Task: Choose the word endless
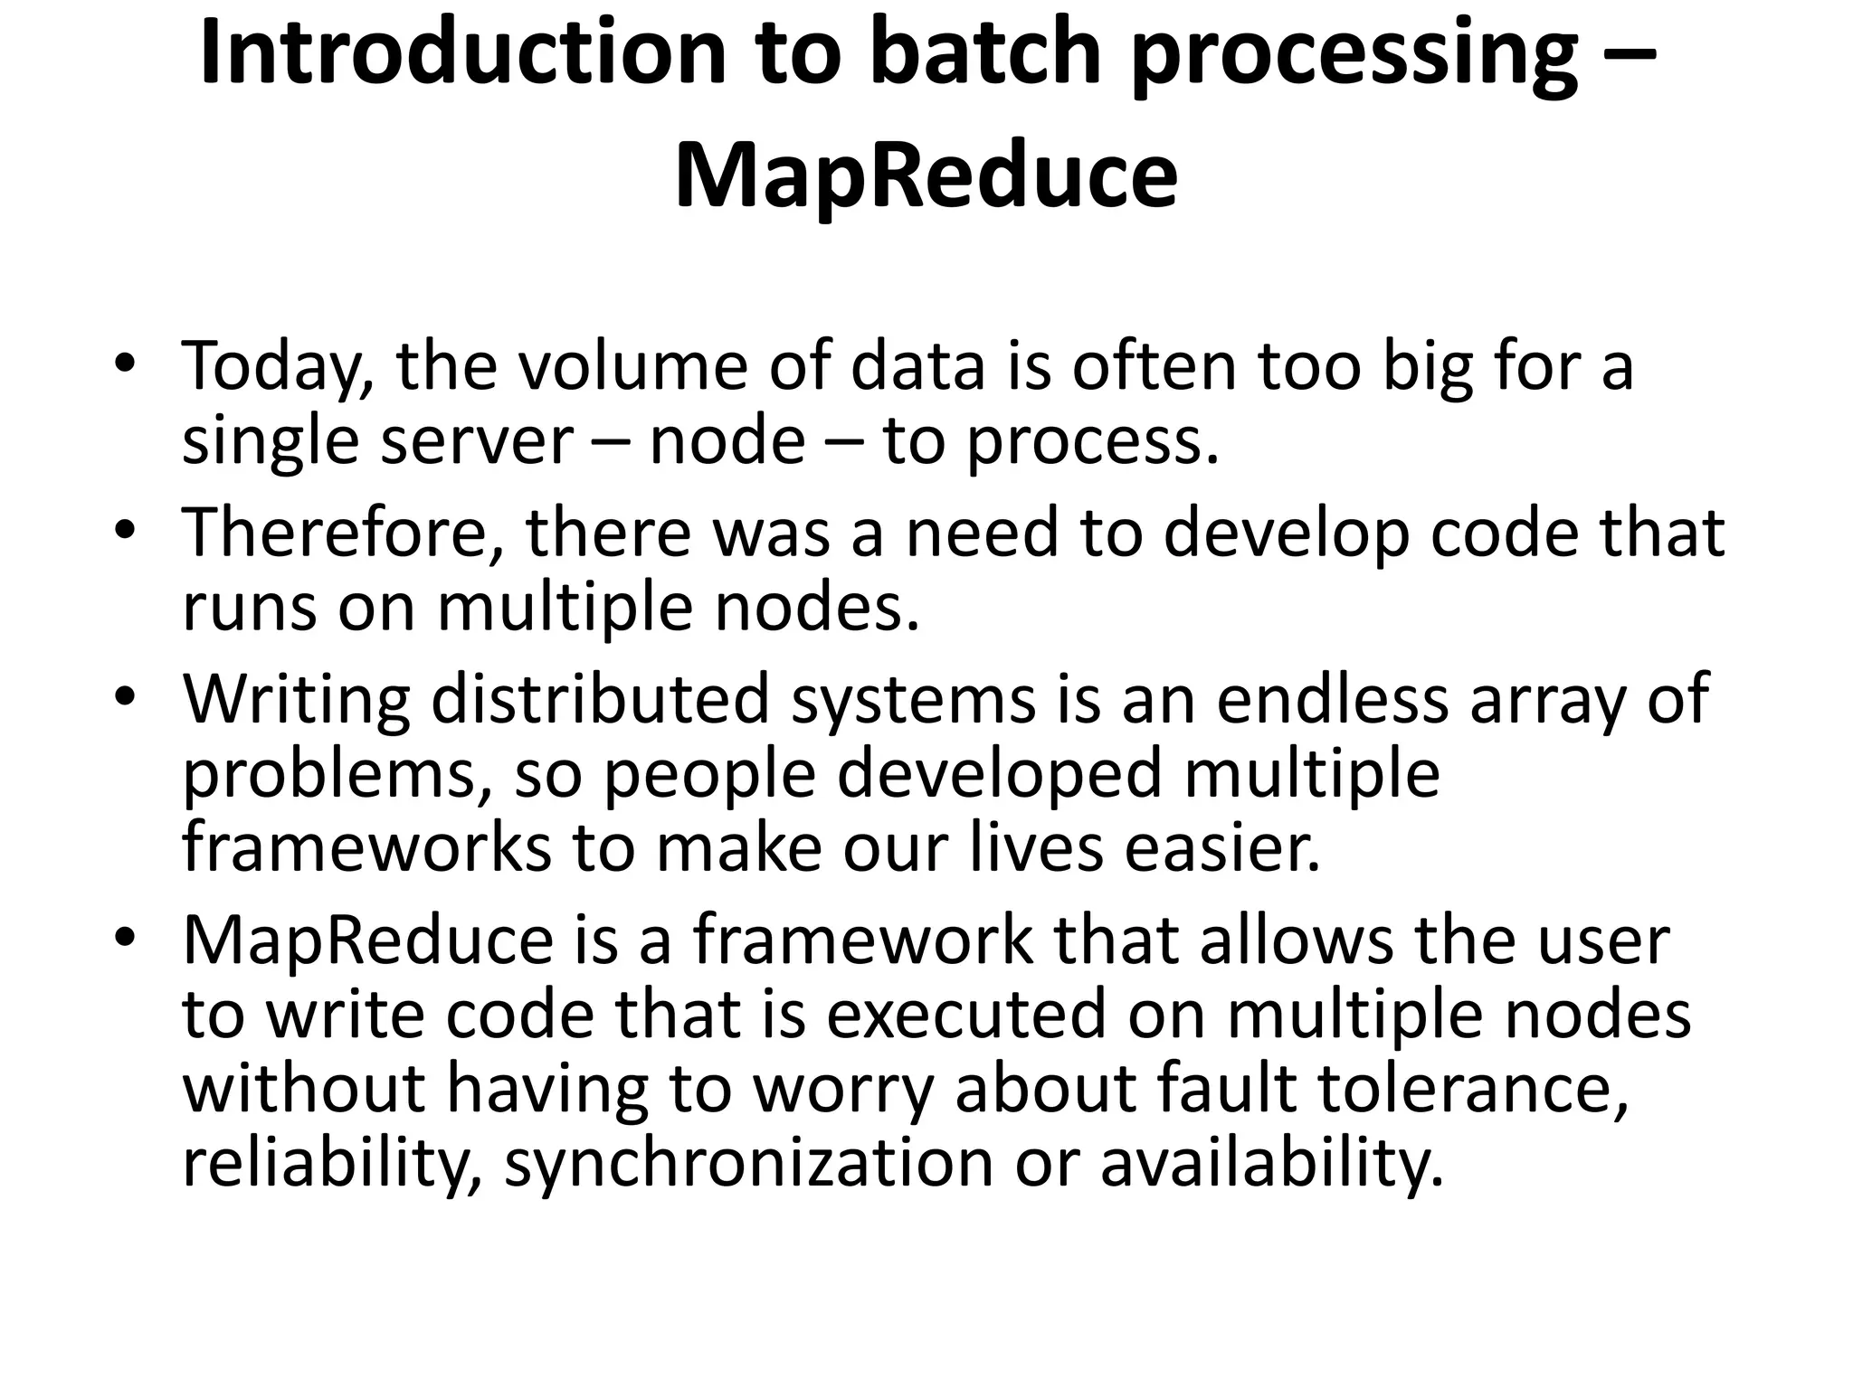[1332, 698]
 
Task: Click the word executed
[965, 1014]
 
